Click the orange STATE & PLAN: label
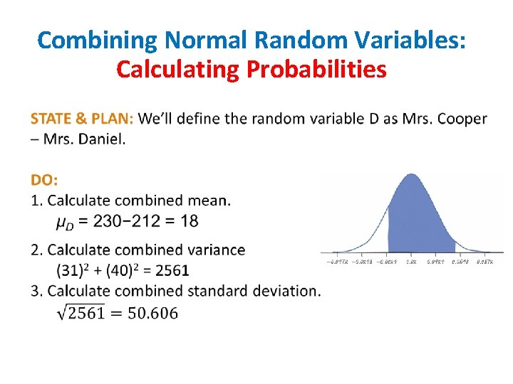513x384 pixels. [x=82, y=118]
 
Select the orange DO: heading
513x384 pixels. [x=45, y=181]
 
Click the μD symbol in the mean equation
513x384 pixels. [x=64, y=222]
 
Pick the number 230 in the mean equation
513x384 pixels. [x=108, y=220]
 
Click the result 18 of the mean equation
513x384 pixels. [x=190, y=220]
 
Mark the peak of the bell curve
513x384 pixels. [x=412, y=174]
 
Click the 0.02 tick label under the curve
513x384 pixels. [x=412, y=262]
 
